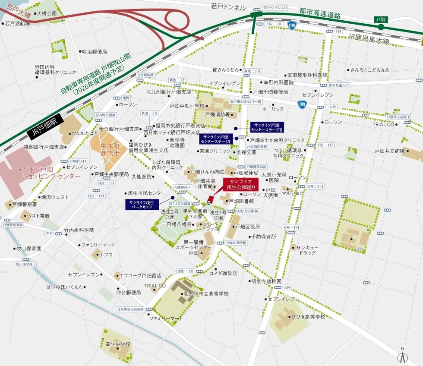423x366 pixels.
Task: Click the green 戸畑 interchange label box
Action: click(380, 20)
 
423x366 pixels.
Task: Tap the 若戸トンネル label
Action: click(228, 7)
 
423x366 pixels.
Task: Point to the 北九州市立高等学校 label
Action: click(206, 293)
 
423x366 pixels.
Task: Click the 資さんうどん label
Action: click(225, 69)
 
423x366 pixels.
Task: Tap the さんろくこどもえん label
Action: click(370, 69)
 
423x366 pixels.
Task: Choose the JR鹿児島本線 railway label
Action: click(369, 41)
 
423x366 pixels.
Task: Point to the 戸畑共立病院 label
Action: click(390, 151)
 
